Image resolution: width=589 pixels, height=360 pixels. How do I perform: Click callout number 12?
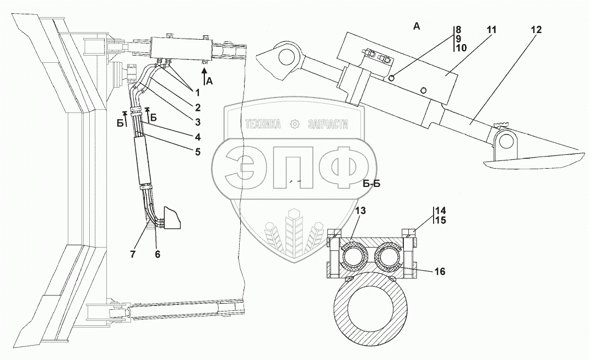tap(537, 30)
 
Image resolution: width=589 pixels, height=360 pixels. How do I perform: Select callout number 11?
tap(491, 30)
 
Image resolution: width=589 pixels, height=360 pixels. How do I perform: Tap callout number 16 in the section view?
tap(440, 271)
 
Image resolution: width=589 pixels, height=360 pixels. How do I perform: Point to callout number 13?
tap(360, 211)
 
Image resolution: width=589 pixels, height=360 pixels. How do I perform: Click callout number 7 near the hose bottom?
tap(133, 254)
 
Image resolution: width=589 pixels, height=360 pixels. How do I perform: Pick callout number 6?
tap(158, 254)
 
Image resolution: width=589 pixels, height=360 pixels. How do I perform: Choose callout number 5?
tap(198, 152)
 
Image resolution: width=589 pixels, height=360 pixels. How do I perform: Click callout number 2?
tap(198, 108)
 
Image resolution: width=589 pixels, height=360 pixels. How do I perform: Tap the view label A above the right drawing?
tap(417, 26)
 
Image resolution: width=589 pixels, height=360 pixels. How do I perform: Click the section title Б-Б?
tap(372, 184)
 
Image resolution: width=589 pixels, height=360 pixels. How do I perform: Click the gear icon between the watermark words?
tap(296, 123)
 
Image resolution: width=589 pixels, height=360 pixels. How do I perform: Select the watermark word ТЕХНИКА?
tap(263, 124)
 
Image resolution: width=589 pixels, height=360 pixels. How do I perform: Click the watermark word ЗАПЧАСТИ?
tap(328, 124)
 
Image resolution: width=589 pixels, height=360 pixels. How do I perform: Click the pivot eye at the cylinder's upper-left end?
tap(288, 56)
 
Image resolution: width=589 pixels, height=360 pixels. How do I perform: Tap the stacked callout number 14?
tap(440, 211)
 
